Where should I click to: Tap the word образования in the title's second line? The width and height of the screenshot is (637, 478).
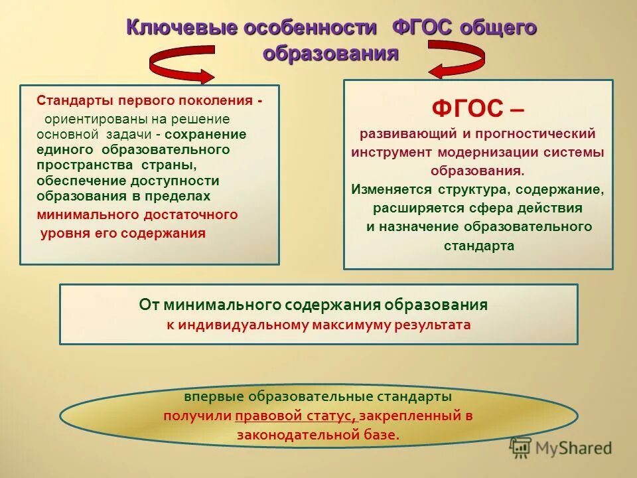coord(330,53)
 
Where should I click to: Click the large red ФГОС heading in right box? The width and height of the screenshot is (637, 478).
coord(463,108)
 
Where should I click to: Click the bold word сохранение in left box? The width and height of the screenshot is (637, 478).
coord(210,134)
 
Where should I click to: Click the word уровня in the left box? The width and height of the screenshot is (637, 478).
coord(60,233)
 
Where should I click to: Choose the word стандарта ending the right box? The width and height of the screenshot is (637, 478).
coord(478,246)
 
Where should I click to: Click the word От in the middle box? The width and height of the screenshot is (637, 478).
coord(149,305)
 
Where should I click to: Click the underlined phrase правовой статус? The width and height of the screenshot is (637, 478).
coord(295,416)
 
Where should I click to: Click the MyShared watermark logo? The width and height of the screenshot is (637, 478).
coord(560,448)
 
